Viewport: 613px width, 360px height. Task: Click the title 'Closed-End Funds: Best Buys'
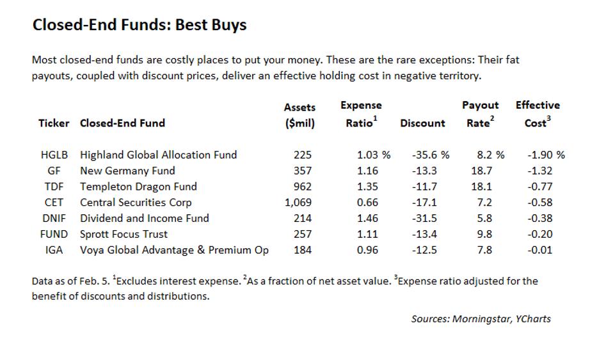pos(139,25)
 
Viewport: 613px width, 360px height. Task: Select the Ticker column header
pos(54,123)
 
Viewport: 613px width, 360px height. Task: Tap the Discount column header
pos(422,123)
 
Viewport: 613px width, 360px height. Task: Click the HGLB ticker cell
pos(54,155)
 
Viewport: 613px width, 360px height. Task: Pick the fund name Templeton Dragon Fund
pos(138,187)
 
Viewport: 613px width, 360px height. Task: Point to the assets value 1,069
pos(298,203)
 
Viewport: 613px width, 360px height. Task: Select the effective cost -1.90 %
pos(546,155)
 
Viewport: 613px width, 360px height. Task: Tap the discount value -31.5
pos(424,218)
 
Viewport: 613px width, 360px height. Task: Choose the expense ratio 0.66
pos(367,203)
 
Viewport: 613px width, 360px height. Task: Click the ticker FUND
pos(54,234)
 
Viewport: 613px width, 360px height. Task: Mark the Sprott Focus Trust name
pos(124,234)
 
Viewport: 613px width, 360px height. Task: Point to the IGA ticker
pos(54,250)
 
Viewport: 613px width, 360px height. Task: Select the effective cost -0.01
pos(540,250)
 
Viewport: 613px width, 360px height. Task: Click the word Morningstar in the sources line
pos(481,318)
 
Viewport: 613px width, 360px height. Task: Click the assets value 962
pos(302,187)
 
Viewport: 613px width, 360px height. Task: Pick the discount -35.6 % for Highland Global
pos(430,155)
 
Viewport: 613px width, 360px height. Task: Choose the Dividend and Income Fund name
pos(144,218)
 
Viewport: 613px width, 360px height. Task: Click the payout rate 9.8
pos(484,234)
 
